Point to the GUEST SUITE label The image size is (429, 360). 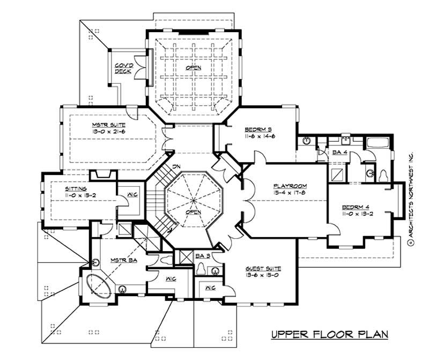click(264, 269)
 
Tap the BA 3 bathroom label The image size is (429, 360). click(202, 255)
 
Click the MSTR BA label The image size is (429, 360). click(122, 260)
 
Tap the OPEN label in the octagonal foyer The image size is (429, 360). click(193, 212)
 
